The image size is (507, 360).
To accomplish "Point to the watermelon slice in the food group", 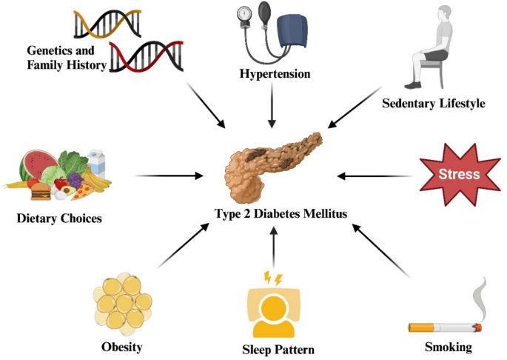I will [39, 164].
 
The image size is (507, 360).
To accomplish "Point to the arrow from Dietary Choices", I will [170, 176].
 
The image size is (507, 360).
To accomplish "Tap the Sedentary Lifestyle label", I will [434, 103].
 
